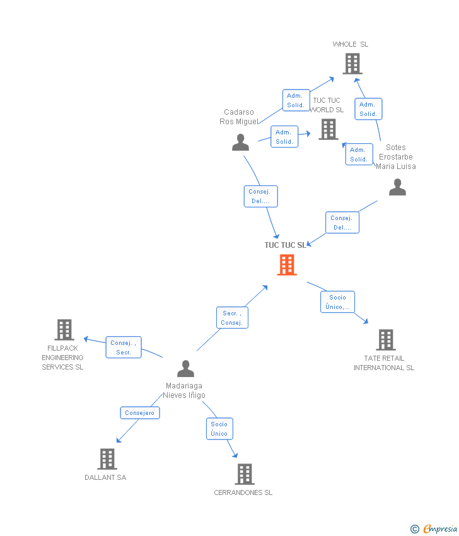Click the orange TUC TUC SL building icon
(x=287, y=265)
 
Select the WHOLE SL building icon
(x=352, y=64)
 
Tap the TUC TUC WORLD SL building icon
(x=328, y=129)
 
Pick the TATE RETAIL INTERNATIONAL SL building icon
(x=385, y=340)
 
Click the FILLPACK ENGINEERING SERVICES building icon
(x=64, y=330)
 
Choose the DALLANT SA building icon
(x=107, y=459)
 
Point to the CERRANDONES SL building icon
(x=244, y=474)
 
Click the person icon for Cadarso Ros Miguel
(x=240, y=143)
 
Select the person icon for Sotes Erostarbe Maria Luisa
(x=397, y=187)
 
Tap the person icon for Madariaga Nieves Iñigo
(x=185, y=368)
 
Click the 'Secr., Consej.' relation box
(x=232, y=317)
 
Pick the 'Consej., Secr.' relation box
(x=124, y=347)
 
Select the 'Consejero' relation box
(x=140, y=413)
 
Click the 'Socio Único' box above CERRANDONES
(x=219, y=429)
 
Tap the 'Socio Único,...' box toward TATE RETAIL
(x=337, y=302)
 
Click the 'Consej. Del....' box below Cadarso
(x=260, y=196)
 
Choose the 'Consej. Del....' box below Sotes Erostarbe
(x=342, y=223)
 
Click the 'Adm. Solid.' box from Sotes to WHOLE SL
(x=368, y=109)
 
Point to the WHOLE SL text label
(x=351, y=44)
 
